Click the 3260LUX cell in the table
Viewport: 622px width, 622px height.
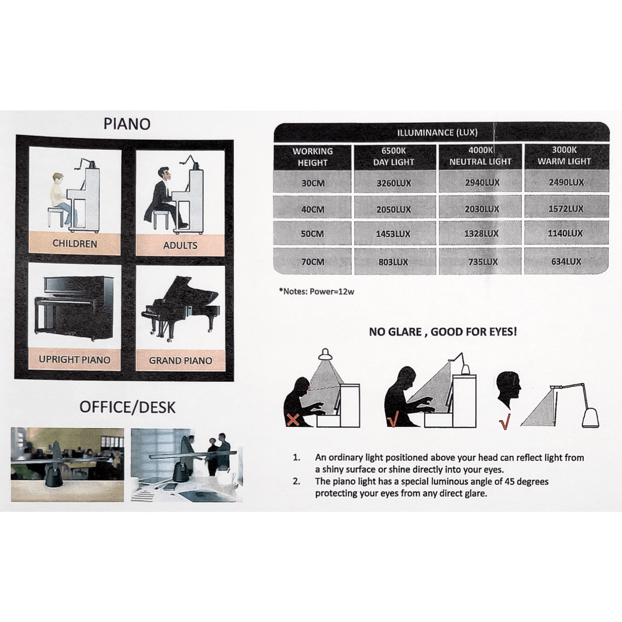(394, 183)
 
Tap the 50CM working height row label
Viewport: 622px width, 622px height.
(312, 234)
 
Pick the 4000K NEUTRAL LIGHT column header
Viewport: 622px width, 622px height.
(480, 156)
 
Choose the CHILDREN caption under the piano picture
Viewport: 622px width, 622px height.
(75, 243)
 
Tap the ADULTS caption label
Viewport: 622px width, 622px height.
(180, 245)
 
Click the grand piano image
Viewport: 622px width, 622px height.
(179, 307)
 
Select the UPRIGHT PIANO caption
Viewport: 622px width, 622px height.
(75, 360)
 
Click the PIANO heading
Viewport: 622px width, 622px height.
(127, 124)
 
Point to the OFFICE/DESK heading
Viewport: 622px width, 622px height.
(127, 407)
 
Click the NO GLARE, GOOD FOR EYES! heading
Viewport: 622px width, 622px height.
(443, 331)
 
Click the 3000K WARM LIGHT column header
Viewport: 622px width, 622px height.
(564, 156)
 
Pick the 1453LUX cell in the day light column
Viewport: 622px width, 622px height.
(394, 234)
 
